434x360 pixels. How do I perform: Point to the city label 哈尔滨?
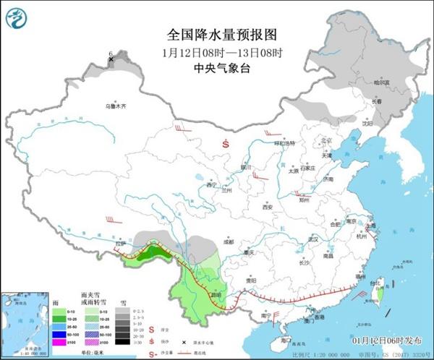[x=381, y=83]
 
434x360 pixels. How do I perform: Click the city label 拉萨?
[x=122, y=244]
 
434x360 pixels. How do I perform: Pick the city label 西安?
[x=268, y=206]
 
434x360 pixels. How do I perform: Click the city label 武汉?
[x=312, y=239]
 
